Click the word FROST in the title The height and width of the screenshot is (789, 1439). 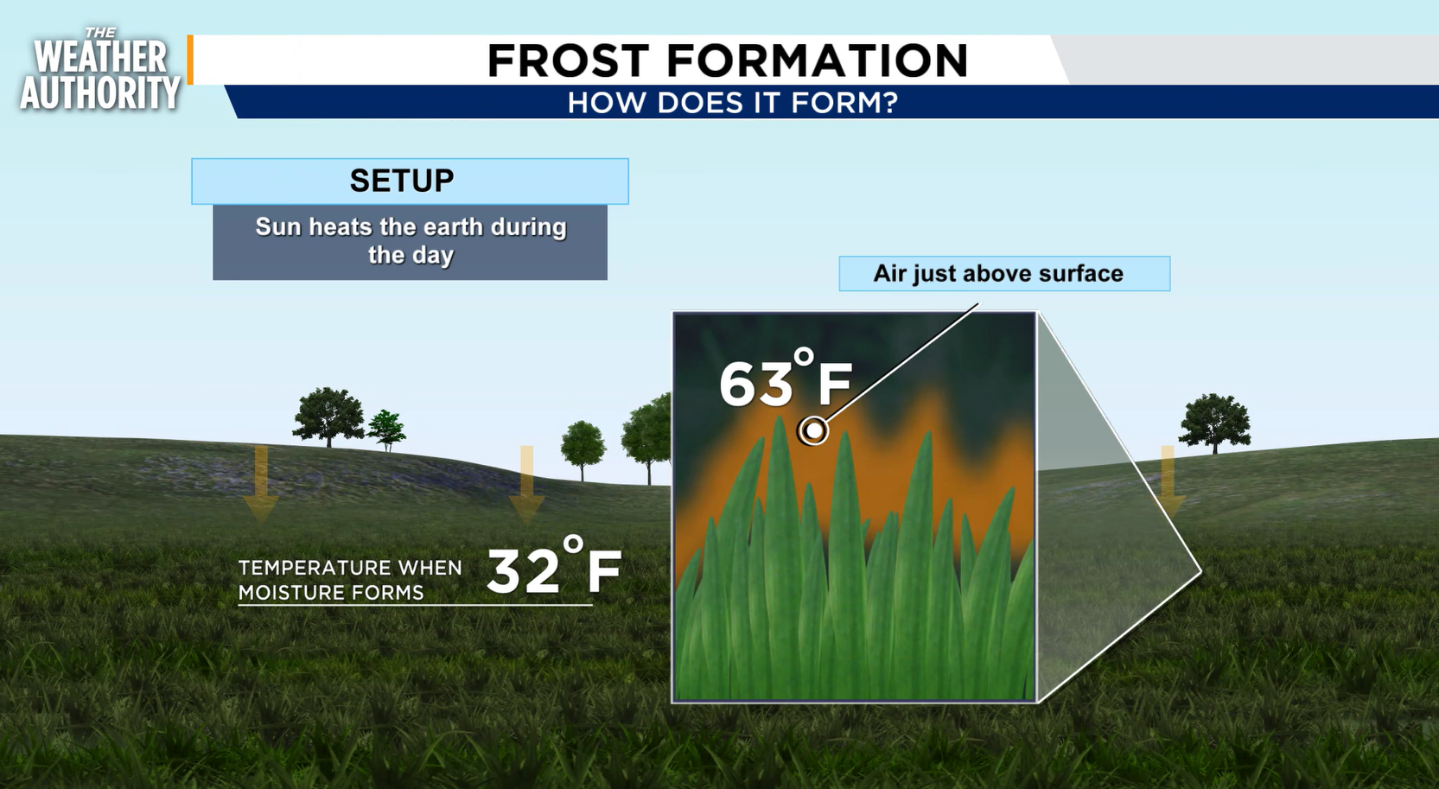click(x=569, y=60)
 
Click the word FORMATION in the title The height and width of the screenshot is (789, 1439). click(x=817, y=60)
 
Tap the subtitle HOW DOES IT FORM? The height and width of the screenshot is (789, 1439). click(x=732, y=103)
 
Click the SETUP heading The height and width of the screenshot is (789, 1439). click(x=402, y=181)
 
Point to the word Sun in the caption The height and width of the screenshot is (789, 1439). click(x=278, y=226)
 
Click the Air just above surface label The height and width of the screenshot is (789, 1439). click(x=998, y=274)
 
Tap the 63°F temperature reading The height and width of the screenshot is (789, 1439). click(x=785, y=379)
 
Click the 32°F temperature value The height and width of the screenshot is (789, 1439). click(x=554, y=565)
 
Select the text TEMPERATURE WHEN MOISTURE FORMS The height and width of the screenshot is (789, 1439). click(x=350, y=580)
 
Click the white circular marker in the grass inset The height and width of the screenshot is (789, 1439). click(x=813, y=429)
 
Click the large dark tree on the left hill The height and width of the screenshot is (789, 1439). click(x=328, y=417)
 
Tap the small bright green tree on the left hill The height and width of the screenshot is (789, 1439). click(x=386, y=430)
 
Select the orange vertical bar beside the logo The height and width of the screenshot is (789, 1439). click(x=190, y=60)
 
